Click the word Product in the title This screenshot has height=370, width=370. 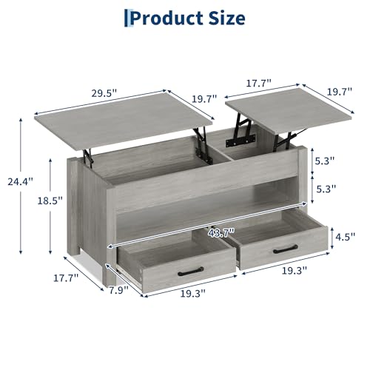pyautogui.click(x=166, y=18)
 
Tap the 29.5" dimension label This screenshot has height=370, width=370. pyautogui.click(x=104, y=93)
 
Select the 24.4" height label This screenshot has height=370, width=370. pyautogui.click(x=20, y=181)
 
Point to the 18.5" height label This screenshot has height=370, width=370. pyautogui.click(x=50, y=201)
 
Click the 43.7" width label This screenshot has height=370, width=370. pyautogui.click(x=221, y=233)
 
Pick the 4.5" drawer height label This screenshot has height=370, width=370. pyautogui.click(x=345, y=236)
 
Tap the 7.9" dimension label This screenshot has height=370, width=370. pyautogui.click(x=119, y=290)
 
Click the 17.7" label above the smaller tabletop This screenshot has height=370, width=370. pyautogui.click(x=259, y=83)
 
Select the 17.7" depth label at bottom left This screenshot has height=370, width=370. pyautogui.click(x=66, y=278)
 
